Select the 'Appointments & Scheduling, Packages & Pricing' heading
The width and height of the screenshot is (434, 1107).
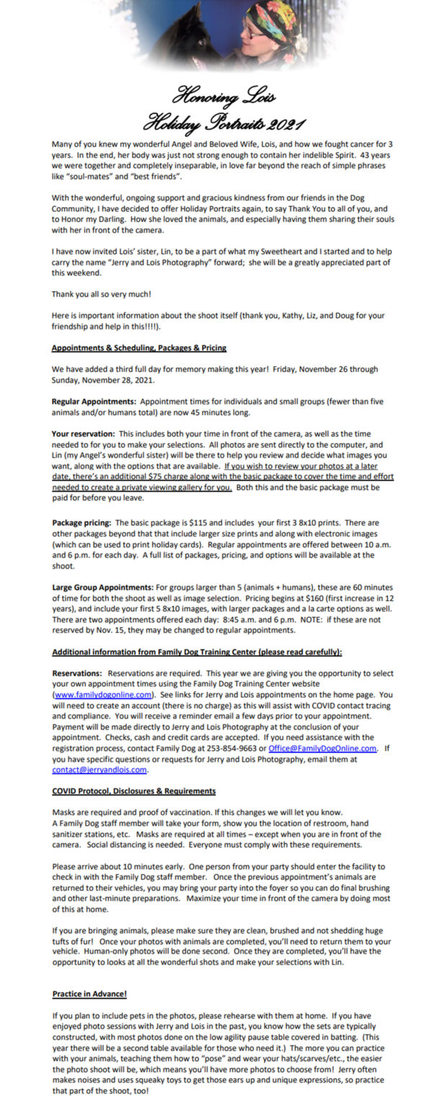(139, 347)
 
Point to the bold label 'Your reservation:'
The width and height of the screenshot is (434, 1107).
(83, 434)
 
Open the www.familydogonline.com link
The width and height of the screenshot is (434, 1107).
(102, 694)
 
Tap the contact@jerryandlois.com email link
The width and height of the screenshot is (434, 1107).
(99, 769)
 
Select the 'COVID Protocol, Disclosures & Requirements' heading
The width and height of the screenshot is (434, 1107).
(133, 791)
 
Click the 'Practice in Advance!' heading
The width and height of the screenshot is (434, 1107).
(89, 994)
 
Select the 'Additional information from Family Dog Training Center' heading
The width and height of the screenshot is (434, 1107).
(197, 652)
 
